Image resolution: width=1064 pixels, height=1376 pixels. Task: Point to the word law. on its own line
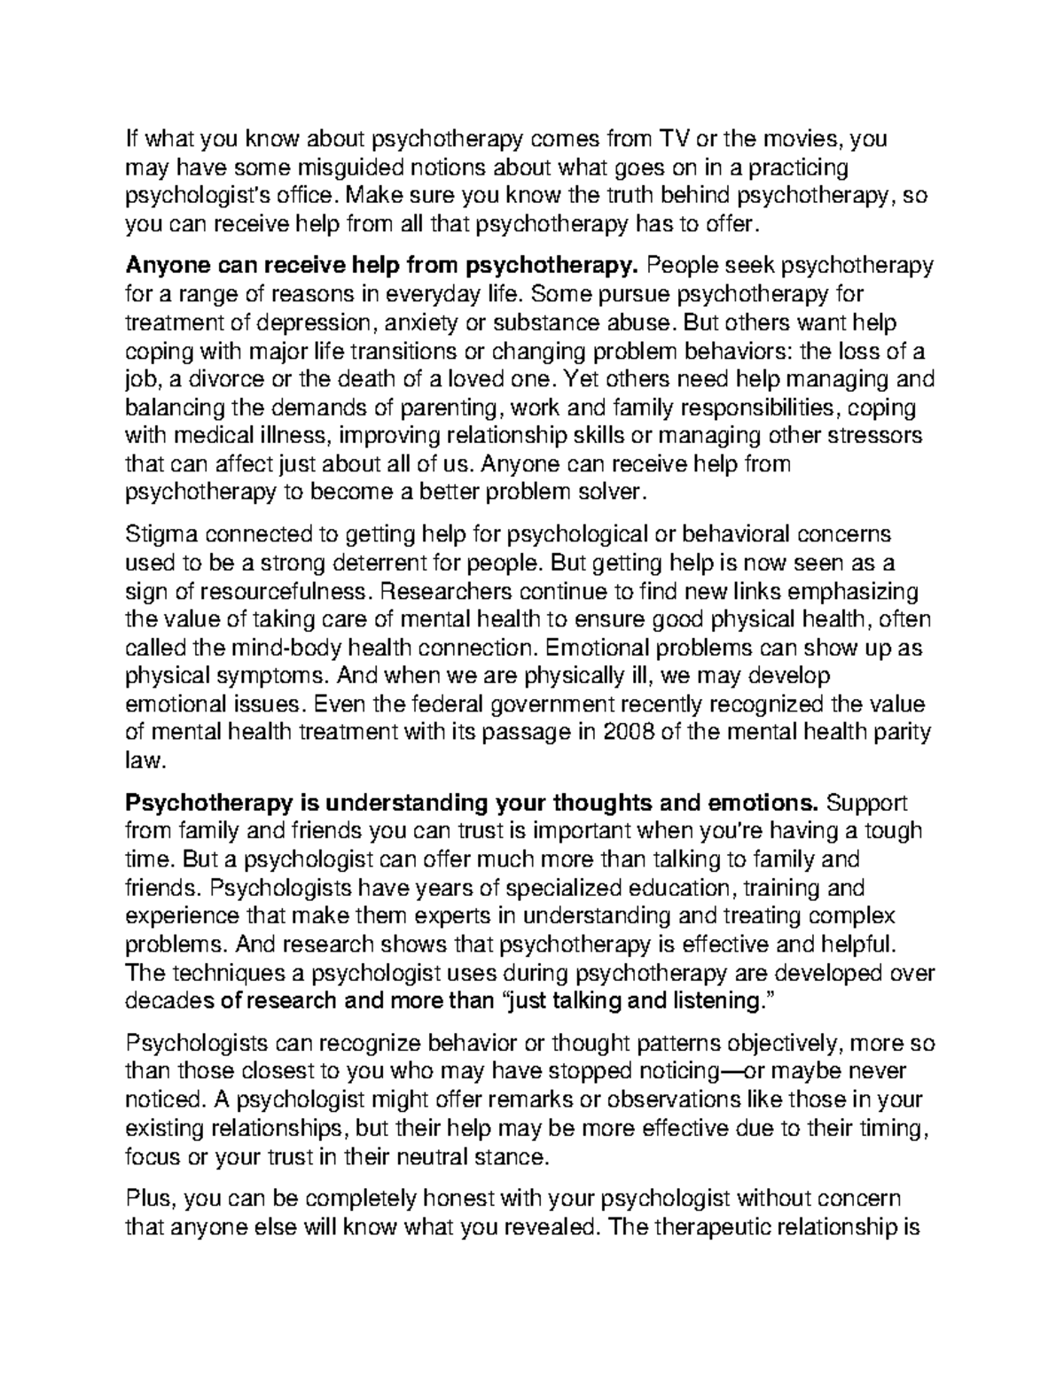click(145, 761)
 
